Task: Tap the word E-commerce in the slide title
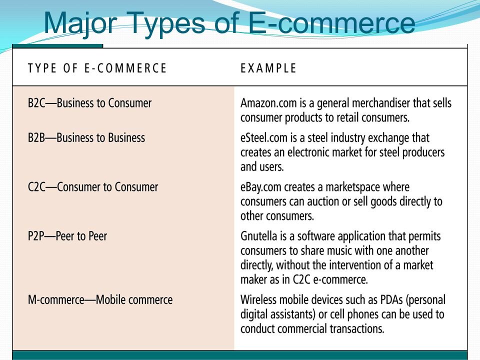pos(331,22)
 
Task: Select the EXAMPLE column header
pos(268,68)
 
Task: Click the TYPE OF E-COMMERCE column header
pos(97,68)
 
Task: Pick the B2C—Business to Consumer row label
pos(89,103)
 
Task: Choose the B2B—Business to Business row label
pos(86,138)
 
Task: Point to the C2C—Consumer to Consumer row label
pos(93,187)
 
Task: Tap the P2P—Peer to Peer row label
pos(67,236)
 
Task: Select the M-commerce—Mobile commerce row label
pos(100,299)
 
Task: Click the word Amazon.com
pos(268,103)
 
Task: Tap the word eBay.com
pos(261,187)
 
